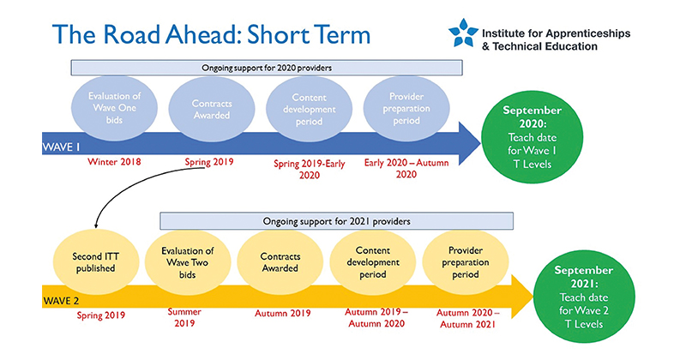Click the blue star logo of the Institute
(x=463, y=33)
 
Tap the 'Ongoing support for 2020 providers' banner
(x=267, y=68)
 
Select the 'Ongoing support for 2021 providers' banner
(x=336, y=221)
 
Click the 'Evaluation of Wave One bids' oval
(x=114, y=108)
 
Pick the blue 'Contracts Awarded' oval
(x=212, y=110)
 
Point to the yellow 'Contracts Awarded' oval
(x=280, y=262)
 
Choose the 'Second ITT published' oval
(x=96, y=262)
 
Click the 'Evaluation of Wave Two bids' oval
(x=188, y=262)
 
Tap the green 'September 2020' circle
(x=532, y=137)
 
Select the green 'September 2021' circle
(x=584, y=297)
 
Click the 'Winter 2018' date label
(x=114, y=162)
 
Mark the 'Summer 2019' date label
(x=184, y=317)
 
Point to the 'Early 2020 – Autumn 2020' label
(x=406, y=168)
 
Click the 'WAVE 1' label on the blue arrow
(x=61, y=147)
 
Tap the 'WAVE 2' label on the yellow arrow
(x=61, y=301)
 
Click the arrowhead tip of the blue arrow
(x=480, y=143)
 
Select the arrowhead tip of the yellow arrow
(x=533, y=297)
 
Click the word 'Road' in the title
(x=133, y=34)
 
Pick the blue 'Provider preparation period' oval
(x=406, y=109)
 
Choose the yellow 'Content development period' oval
(x=373, y=262)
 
